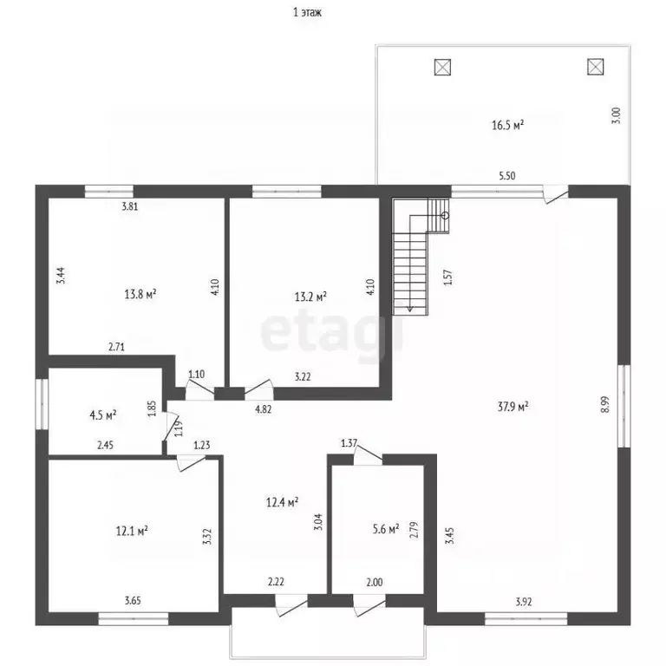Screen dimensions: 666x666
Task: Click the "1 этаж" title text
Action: coord(307,12)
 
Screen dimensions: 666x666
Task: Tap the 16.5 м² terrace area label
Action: coord(507,125)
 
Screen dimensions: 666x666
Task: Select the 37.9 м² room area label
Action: coord(513,407)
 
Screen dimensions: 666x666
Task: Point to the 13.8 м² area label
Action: coord(140,294)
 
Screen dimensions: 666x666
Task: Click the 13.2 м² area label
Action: coord(310,297)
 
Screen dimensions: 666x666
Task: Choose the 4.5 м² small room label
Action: coord(103,415)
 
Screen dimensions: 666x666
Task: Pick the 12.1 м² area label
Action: coord(132,531)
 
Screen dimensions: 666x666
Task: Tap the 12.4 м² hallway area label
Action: coord(282,502)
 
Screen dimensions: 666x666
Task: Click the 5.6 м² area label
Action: coord(386,529)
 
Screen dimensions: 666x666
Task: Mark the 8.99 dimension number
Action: coord(605,404)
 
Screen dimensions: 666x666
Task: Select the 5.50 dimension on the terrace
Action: coord(506,176)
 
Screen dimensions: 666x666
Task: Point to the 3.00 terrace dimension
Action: coord(617,115)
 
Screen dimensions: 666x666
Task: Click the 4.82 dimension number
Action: coord(263,409)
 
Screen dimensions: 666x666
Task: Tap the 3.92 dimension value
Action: coord(523,602)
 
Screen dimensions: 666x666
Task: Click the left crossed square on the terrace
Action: coord(442,67)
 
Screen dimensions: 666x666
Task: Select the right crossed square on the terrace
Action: coord(596,67)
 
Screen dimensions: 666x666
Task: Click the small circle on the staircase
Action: coord(445,216)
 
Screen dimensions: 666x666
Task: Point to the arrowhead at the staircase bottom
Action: coord(410,310)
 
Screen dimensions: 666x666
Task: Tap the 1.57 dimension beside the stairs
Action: coord(448,277)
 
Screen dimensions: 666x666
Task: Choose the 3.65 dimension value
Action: coord(133,601)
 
